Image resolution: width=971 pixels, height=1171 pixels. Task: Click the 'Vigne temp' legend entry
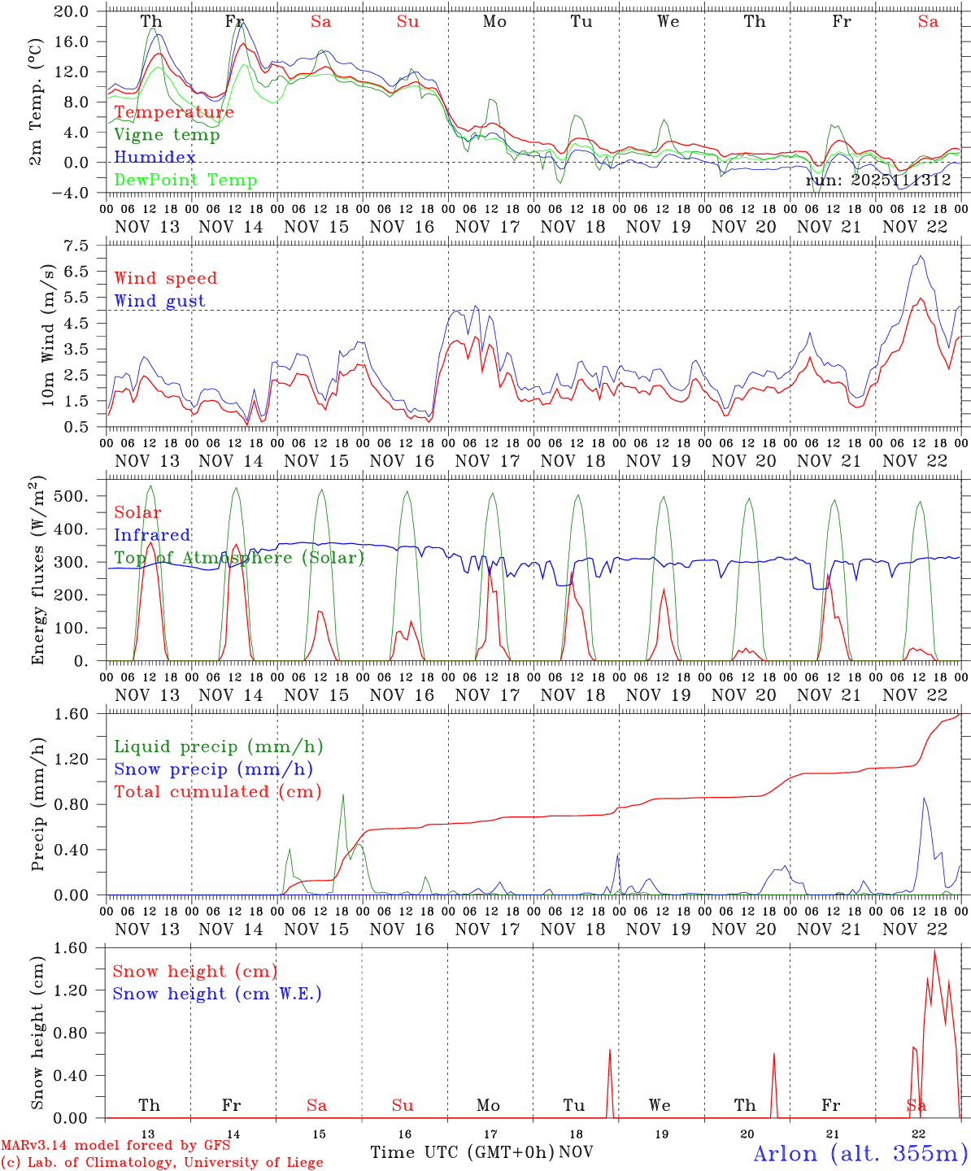(167, 135)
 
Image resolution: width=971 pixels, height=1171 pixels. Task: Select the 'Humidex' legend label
(155, 158)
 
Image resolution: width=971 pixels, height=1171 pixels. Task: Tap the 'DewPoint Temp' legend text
(185, 181)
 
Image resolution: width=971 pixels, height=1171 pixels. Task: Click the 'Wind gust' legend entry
(159, 301)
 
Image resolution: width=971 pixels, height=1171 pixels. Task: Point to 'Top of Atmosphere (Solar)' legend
(239, 558)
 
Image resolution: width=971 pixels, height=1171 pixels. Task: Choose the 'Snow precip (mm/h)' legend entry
(213, 769)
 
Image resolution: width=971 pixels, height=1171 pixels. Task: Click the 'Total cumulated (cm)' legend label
(217, 792)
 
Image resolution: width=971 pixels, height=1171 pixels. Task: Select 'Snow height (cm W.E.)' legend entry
(216, 994)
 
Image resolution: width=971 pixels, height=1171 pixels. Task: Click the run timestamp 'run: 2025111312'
(878, 181)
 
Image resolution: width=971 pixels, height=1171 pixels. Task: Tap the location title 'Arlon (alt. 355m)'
(860, 1153)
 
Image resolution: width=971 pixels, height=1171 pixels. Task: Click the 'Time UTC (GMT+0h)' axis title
(462, 1152)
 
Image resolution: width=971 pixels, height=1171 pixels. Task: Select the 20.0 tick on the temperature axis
(72, 11)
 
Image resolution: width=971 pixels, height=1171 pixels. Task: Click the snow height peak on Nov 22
(934, 951)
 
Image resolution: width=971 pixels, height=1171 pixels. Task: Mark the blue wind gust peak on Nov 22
(921, 256)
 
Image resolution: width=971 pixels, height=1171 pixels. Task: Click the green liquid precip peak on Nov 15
(343, 794)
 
